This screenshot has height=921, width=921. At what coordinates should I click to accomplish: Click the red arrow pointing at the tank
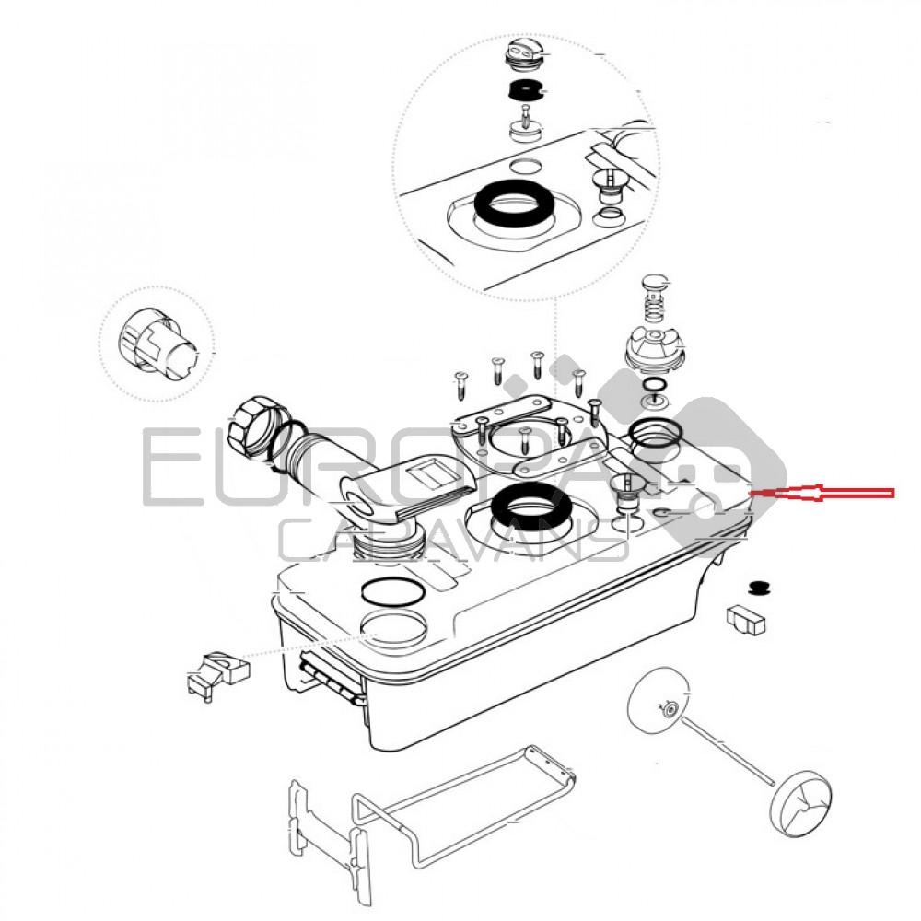822,493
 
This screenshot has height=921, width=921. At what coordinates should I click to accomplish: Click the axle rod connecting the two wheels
729,750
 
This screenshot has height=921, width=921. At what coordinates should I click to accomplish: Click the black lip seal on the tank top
530,507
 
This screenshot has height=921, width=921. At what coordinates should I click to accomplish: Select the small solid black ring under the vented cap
524,91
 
